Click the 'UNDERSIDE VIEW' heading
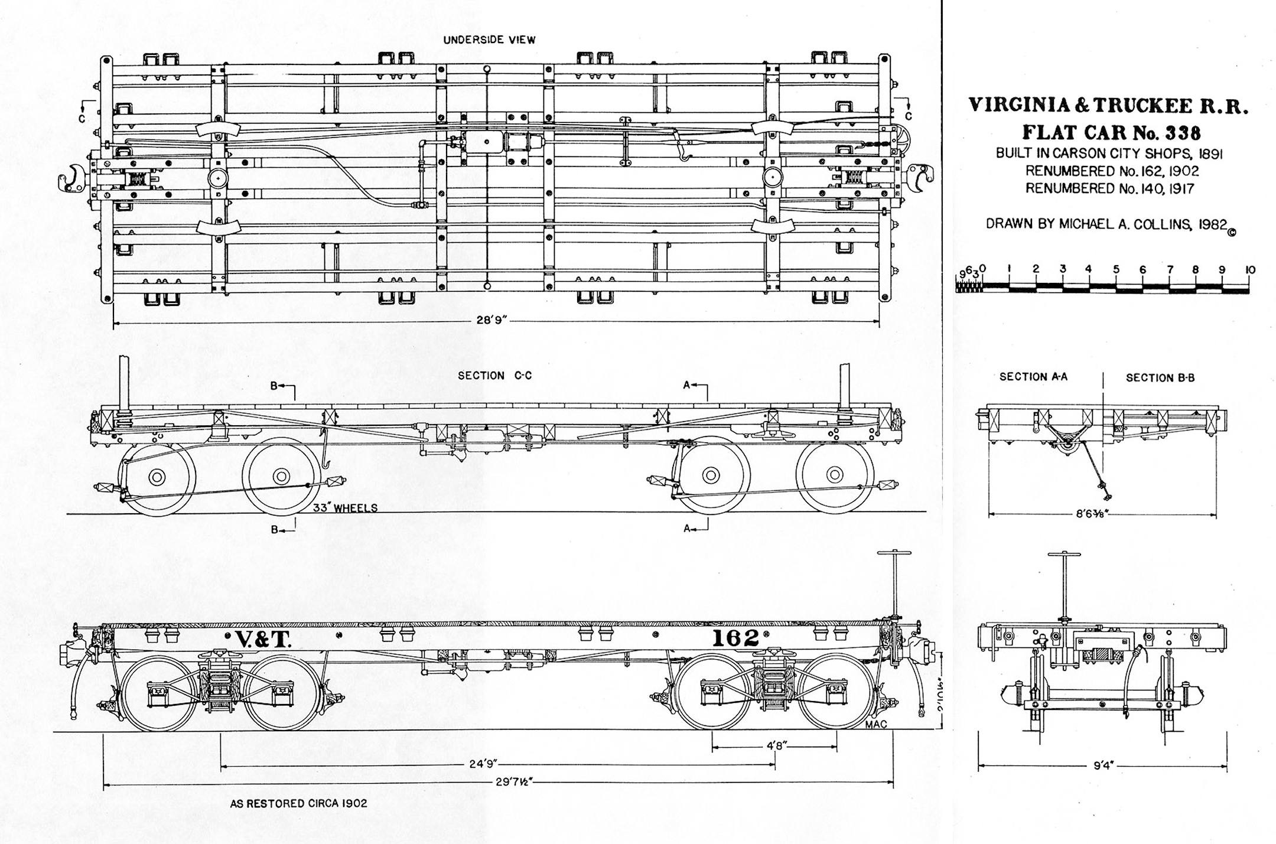point(489,40)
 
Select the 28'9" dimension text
point(492,320)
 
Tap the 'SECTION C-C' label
point(494,376)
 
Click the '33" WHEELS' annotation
point(345,508)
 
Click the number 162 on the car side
point(735,638)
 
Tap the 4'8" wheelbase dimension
point(774,745)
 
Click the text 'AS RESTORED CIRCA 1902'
point(298,804)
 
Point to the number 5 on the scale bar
point(1116,269)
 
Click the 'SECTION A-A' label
point(1033,376)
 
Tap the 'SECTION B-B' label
point(1160,377)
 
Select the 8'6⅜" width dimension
point(1091,514)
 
